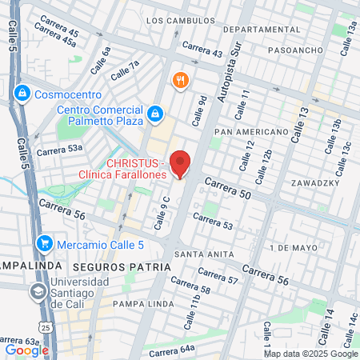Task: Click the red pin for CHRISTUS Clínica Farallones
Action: [x=181, y=163]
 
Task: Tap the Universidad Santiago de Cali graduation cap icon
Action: [x=38, y=292]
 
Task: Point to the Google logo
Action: [x=26, y=350]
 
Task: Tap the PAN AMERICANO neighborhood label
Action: [x=251, y=131]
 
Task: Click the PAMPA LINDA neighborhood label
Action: [x=140, y=304]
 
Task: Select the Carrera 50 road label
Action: [x=228, y=189]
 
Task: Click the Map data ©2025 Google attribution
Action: [x=311, y=353]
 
